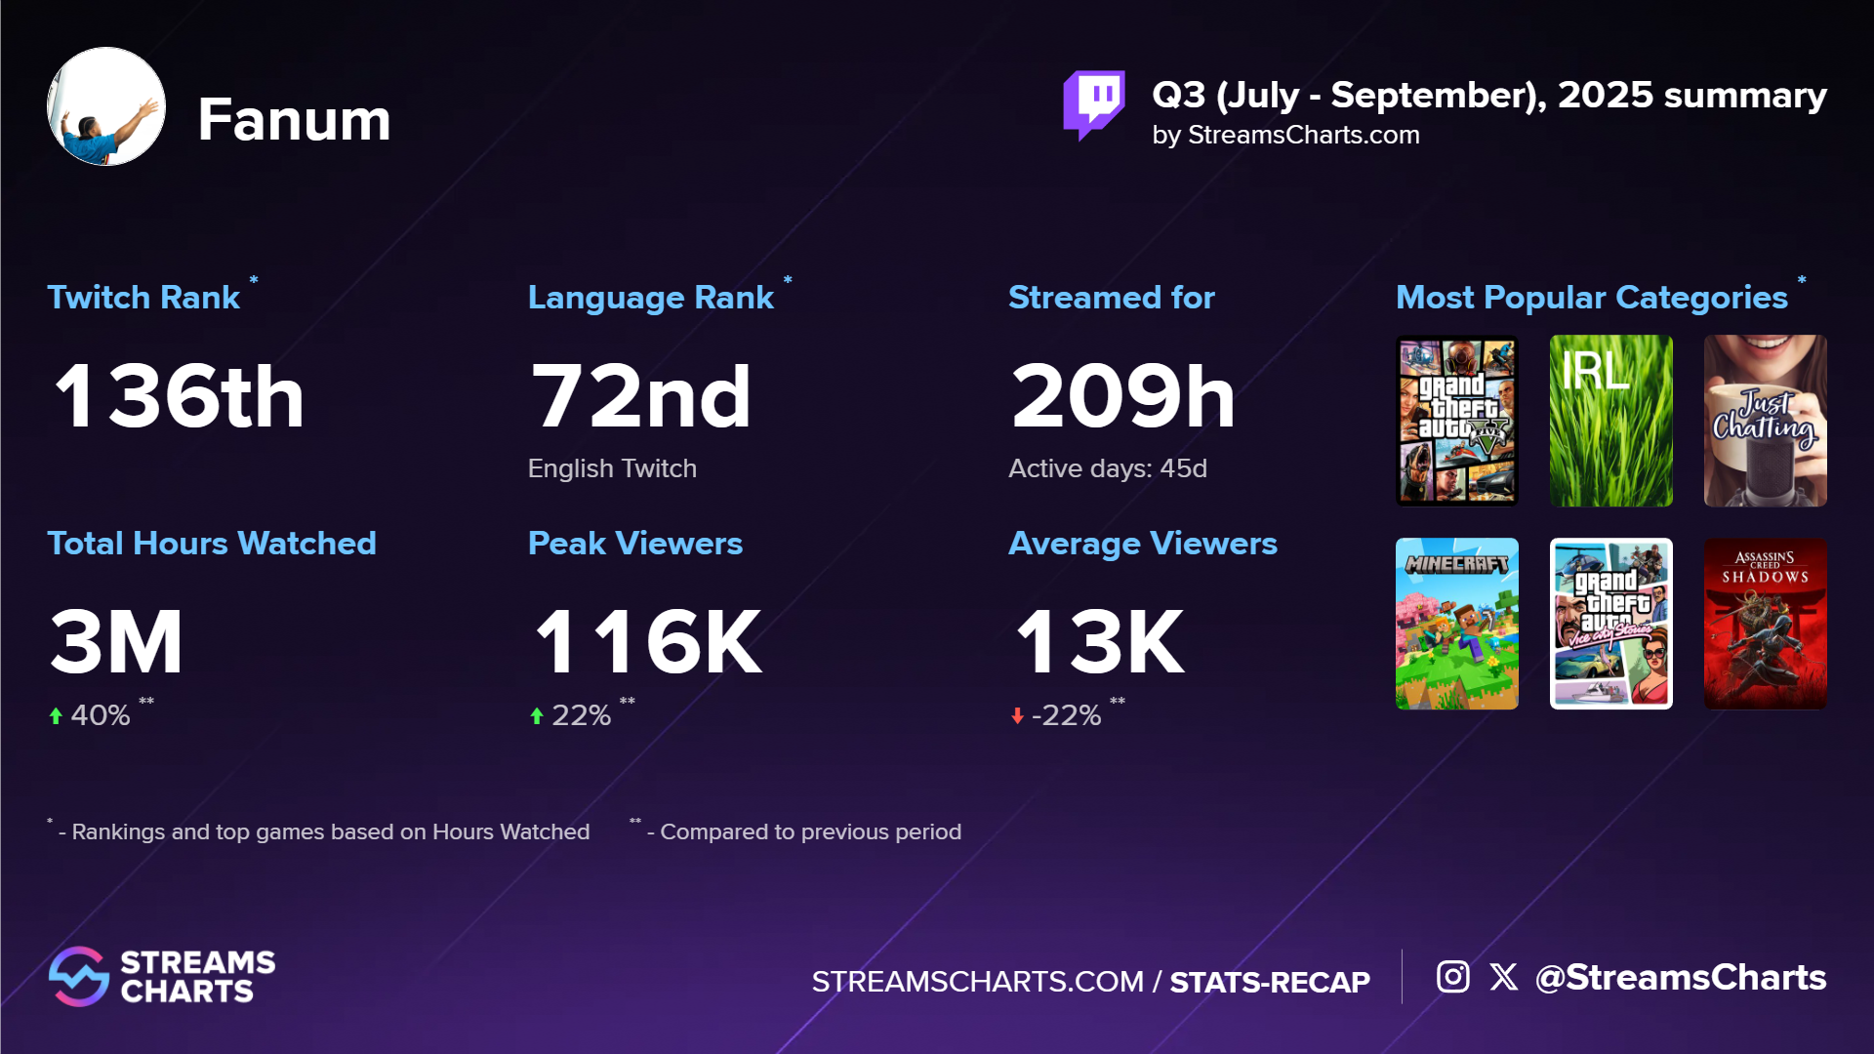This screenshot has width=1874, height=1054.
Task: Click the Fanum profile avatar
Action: (106, 106)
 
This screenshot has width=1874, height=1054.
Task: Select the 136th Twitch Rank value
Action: (180, 396)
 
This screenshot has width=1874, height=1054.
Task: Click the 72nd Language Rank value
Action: (640, 396)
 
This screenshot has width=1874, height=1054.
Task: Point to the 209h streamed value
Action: (1122, 396)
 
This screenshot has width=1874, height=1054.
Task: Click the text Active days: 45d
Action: (1107, 468)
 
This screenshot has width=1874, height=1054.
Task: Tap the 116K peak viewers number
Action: (648, 642)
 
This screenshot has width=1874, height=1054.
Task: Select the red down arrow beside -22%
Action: (1017, 715)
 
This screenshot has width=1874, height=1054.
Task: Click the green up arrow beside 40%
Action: (56, 715)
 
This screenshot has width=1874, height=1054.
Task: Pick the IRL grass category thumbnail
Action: (1610, 421)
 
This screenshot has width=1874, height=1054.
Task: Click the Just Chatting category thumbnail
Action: (1765, 421)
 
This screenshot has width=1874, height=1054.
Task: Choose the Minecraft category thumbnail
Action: (1456, 624)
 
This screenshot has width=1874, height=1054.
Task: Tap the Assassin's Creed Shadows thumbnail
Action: (1765, 624)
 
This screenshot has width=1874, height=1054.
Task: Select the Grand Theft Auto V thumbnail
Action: (1456, 421)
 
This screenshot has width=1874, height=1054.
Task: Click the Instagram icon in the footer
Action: (1452, 976)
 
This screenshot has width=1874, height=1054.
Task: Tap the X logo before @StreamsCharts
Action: (1503, 976)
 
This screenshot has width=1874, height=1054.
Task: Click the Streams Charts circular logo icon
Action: (78, 976)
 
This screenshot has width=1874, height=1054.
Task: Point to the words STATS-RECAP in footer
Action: (1269, 982)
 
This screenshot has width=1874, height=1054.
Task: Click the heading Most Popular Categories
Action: (1591, 297)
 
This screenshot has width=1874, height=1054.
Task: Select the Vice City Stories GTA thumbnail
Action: (1610, 624)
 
